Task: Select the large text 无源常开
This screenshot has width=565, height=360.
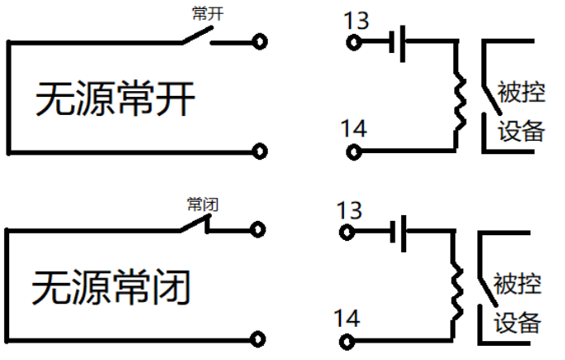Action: [x=115, y=99]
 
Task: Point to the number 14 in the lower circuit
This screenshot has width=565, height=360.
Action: [x=347, y=317]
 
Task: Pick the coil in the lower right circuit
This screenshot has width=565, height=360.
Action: [x=456, y=289]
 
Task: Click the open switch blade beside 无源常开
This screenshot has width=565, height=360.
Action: [x=195, y=36]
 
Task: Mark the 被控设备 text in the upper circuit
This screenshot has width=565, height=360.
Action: [x=520, y=111]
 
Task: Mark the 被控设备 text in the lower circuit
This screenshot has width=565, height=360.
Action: [x=519, y=302]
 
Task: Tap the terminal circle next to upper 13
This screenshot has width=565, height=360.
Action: [x=355, y=42]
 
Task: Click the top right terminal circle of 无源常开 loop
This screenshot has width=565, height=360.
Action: [x=261, y=41]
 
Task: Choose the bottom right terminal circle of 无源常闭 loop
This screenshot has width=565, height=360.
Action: [x=259, y=338]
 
